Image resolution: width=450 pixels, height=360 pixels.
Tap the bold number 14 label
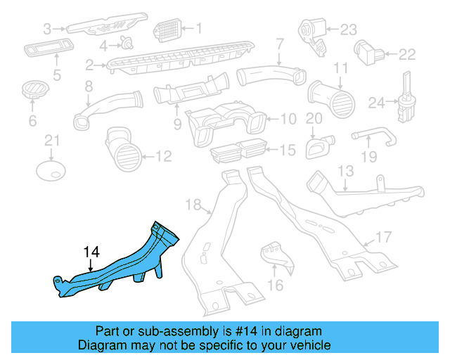91,251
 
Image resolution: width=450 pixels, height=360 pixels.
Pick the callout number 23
349,30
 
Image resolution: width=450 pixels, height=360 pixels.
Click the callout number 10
289,119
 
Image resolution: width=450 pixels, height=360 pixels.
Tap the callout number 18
193,205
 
